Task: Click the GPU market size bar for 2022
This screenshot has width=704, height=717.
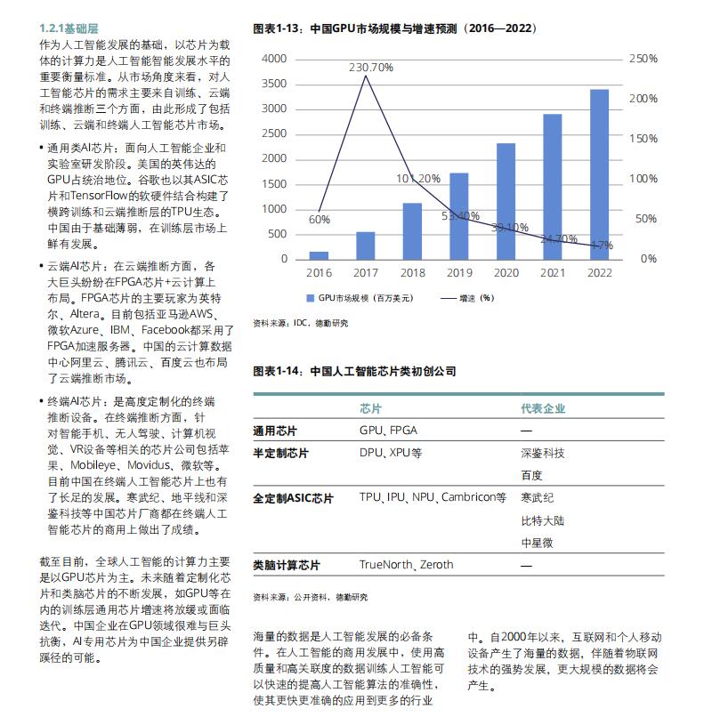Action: [599, 173]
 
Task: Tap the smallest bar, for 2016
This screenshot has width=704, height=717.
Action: [319, 254]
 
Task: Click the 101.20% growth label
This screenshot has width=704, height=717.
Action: [418, 178]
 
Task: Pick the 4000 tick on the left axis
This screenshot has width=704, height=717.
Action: [275, 59]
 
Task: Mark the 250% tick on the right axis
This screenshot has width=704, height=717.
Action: [643, 59]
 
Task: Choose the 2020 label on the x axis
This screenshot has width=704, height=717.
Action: [506, 273]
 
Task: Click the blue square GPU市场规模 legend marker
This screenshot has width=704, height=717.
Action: [311, 298]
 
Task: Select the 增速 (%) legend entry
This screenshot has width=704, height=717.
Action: [472, 298]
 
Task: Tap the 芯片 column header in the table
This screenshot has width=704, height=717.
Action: [371, 408]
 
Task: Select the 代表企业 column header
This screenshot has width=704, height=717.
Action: [543, 408]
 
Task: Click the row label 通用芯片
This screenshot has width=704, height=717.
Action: [275, 431]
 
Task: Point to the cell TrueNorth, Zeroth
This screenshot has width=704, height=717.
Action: [406, 564]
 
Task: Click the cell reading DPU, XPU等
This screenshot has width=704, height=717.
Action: [391, 453]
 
